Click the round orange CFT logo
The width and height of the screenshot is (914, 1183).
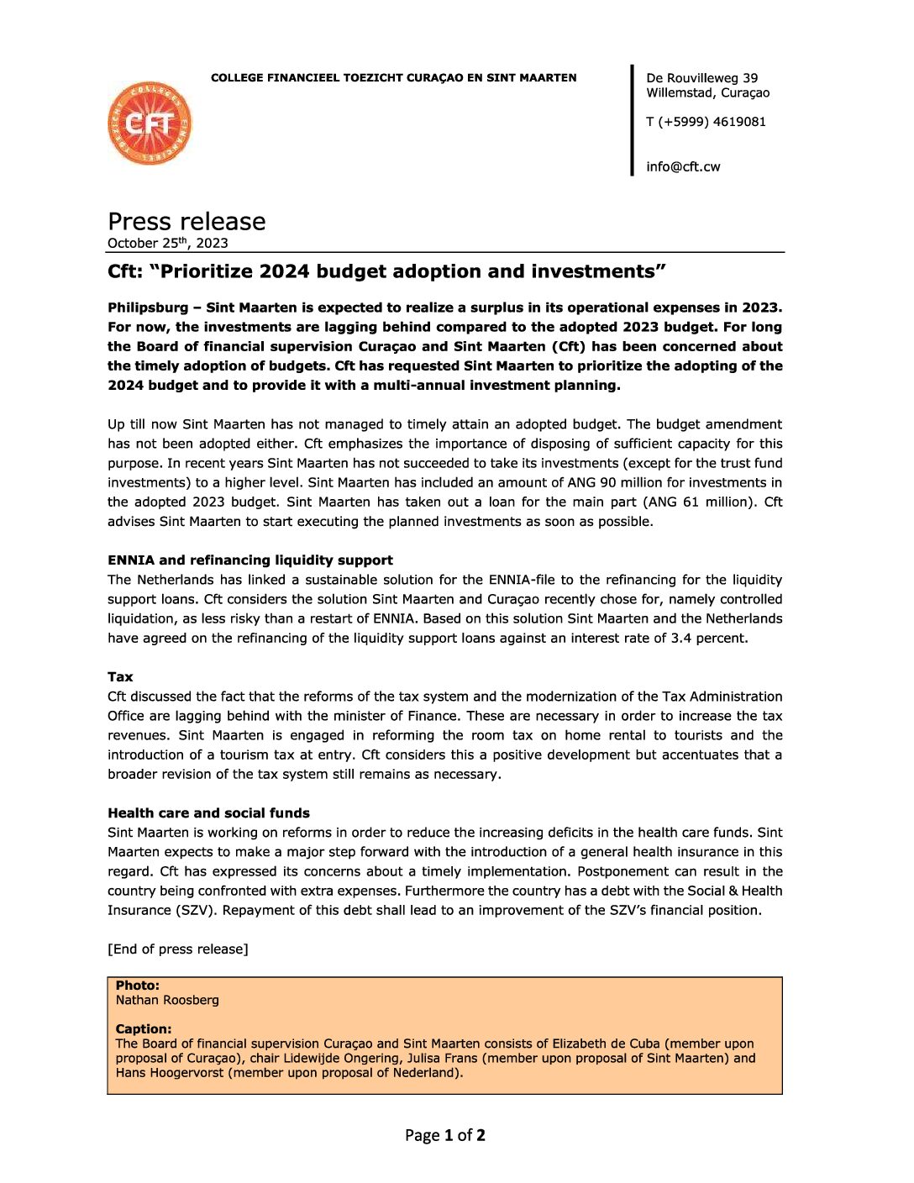pyautogui.click(x=150, y=124)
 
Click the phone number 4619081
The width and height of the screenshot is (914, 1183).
pyautogui.click(x=739, y=122)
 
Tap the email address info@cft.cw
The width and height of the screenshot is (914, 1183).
pyautogui.click(x=683, y=166)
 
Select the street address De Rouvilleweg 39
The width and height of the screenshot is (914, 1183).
pyautogui.click(x=701, y=78)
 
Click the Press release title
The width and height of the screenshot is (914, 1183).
pyautogui.click(x=186, y=221)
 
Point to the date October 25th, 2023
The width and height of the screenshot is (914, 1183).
pyautogui.click(x=168, y=243)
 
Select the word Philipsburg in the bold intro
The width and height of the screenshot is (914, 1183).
pyautogui.click(x=148, y=308)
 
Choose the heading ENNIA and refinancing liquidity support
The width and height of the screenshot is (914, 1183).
pyautogui.click(x=250, y=560)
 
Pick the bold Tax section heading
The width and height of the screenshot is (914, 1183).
pyautogui.click(x=120, y=676)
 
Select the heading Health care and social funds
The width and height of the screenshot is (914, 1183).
pyautogui.click(x=208, y=812)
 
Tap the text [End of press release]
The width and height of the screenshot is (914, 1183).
pyautogui.click(x=178, y=949)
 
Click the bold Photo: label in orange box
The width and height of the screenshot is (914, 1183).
pyautogui.click(x=138, y=986)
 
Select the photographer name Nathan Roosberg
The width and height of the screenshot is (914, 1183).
pyautogui.click(x=167, y=1000)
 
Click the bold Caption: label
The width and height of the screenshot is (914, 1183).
pyautogui.click(x=144, y=1028)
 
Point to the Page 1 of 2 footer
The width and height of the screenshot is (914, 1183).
pyautogui.click(x=445, y=1135)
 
